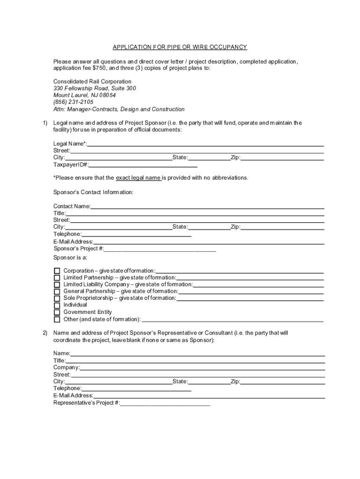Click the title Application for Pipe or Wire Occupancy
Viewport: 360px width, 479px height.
tap(180, 47)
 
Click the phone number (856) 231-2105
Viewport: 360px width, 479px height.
tap(73, 102)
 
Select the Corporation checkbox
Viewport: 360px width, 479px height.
tap(57, 271)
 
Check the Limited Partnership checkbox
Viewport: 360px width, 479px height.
tap(57, 278)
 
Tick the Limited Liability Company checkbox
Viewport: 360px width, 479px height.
tap(57, 284)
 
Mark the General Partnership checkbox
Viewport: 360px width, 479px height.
tap(57, 291)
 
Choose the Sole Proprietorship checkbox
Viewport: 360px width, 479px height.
tap(57, 298)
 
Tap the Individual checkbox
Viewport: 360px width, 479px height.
tap(57, 305)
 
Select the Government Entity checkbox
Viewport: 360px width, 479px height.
tap(57, 312)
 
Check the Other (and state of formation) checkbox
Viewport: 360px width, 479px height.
tap(57, 319)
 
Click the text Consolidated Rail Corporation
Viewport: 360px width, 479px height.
tap(92, 81)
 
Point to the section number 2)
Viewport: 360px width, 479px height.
tap(45, 333)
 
